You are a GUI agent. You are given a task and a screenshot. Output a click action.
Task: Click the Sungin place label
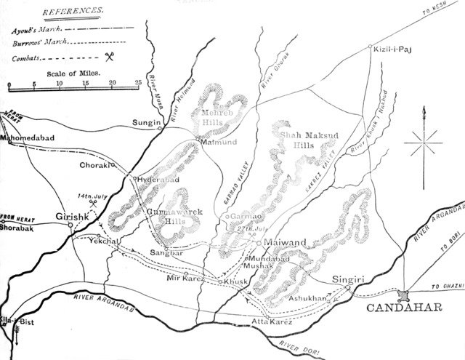coord(145,124)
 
